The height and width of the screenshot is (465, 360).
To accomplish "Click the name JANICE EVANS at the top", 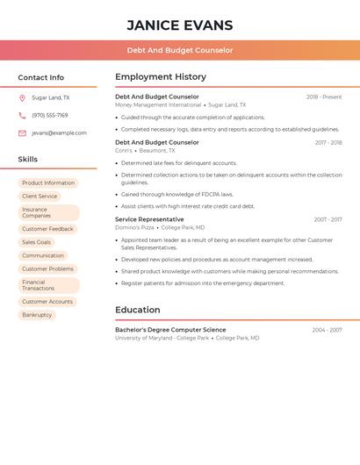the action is tap(180, 25).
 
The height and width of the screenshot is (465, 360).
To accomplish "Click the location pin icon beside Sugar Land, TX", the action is tap(22, 98).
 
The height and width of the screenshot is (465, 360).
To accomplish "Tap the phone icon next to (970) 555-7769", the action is tap(22, 116).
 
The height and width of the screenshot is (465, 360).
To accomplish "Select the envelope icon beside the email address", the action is tap(22, 133).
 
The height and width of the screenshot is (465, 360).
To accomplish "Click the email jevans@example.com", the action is tap(59, 133).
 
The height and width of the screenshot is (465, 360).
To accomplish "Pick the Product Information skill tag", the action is tap(48, 183).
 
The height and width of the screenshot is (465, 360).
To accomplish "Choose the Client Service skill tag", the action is tap(40, 197).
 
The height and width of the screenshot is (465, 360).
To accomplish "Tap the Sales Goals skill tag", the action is tap(37, 242).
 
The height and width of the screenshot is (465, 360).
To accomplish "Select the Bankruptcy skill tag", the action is tap(37, 315).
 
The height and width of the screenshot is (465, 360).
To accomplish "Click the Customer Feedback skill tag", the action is tap(47, 229).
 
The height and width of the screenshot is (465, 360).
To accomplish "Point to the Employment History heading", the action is tap(161, 77).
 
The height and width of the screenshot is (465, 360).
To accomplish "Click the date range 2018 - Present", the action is tap(323, 97).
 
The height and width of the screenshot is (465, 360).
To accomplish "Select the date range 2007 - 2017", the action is tap(328, 219).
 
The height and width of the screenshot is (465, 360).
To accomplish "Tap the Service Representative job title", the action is tap(149, 219).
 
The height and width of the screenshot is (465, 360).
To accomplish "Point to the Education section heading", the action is tap(138, 310).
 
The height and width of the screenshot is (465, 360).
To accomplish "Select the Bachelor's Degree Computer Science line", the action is tap(170, 330).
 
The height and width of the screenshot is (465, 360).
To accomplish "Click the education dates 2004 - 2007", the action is tap(327, 330).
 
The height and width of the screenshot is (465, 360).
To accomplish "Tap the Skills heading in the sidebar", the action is tap(28, 160).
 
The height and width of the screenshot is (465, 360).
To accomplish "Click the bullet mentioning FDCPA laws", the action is tap(177, 195).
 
